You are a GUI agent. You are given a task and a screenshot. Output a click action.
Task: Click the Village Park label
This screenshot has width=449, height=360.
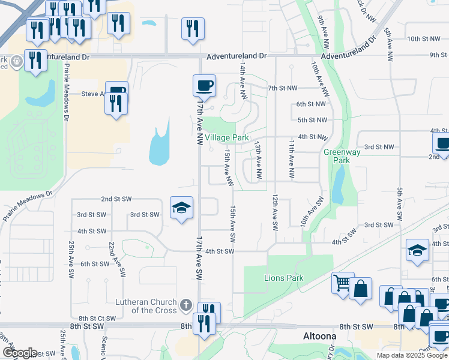(227, 137)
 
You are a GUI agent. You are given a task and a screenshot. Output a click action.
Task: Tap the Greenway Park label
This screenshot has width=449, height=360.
(337, 157)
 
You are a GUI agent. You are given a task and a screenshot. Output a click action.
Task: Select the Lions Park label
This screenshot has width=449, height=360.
(284, 278)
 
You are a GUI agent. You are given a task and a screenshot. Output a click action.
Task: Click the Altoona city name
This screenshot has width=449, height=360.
(318, 337)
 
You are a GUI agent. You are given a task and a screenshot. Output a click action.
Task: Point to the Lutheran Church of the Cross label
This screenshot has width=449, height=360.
(146, 306)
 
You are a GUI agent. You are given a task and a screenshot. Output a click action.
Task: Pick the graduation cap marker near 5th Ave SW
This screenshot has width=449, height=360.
(418, 250)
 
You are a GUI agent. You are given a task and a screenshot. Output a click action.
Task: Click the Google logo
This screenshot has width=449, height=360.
(19, 352)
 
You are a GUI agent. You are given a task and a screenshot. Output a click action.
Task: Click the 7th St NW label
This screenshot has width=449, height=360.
(283, 88)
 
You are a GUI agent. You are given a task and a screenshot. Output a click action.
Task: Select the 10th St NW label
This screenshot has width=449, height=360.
(423, 39)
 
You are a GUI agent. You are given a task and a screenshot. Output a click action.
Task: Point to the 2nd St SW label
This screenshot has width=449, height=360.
(116, 199)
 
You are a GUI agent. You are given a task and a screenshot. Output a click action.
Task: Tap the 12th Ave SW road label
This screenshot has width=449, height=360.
(276, 212)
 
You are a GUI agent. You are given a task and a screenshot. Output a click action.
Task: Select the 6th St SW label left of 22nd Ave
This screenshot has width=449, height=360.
(94, 264)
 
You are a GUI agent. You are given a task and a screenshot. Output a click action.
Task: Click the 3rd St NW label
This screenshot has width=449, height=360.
(379, 147)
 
